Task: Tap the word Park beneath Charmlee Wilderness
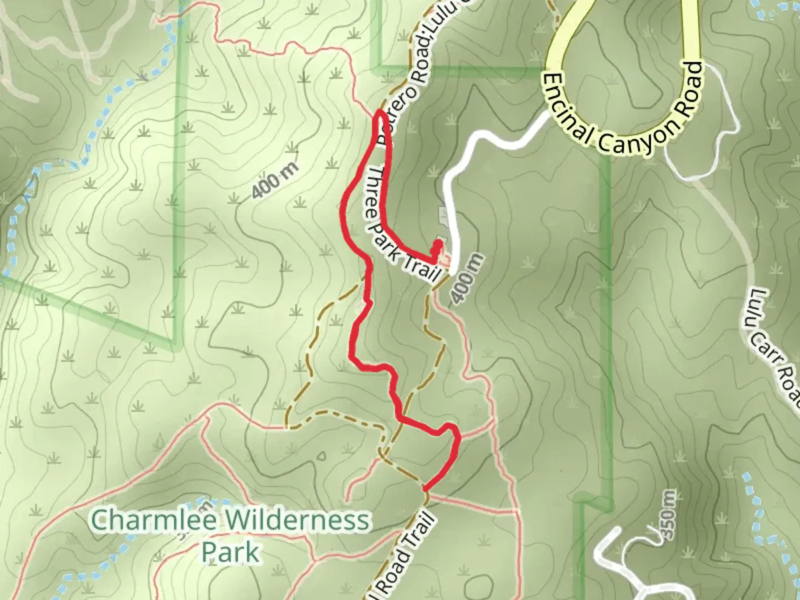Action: tap(229, 552)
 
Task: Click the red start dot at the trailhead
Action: tap(438, 244)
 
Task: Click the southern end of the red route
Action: tap(426, 488)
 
